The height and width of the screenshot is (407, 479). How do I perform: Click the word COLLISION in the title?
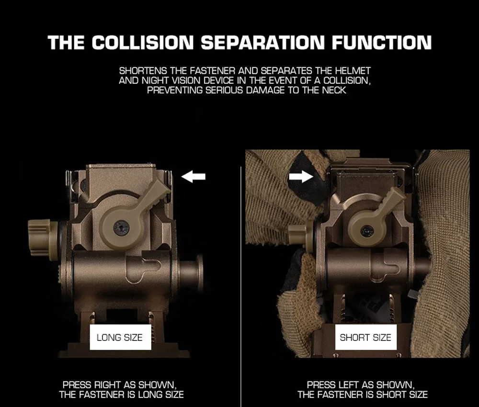[x=143, y=43]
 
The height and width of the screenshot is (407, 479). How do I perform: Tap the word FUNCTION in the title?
[x=382, y=43]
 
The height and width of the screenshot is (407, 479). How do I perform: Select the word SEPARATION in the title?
[x=262, y=43]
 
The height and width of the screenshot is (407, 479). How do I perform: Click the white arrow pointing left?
[x=193, y=177]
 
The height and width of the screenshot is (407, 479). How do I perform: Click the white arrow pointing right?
[x=301, y=176]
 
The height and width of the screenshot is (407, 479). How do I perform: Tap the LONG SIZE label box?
[x=120, y=337]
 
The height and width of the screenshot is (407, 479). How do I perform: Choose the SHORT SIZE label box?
[x=365, y=337]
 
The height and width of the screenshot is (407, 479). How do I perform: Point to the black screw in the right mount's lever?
[x=367, y=231]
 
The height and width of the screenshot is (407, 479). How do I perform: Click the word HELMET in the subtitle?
[x=353, y=71]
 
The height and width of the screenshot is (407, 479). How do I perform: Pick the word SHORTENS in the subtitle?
[x=143, y=71]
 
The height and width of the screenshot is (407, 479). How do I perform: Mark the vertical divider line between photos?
[x=241, y=287]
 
